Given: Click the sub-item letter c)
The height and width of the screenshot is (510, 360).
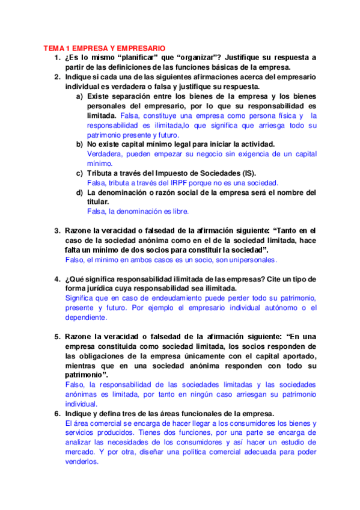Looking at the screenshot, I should [x=79, y=173].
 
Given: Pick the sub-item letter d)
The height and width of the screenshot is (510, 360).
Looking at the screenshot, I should [x=79, y=192].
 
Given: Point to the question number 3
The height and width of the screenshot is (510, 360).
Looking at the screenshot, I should [x=57, y=231].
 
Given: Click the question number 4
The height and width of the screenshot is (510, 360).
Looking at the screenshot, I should [x=57, y=279].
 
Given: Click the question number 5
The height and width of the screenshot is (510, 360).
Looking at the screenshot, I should [x=57, y=337].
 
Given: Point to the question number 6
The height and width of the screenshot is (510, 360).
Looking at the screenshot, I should [x=57, y=414].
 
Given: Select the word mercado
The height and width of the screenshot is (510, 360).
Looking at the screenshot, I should [x=81, y=452].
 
